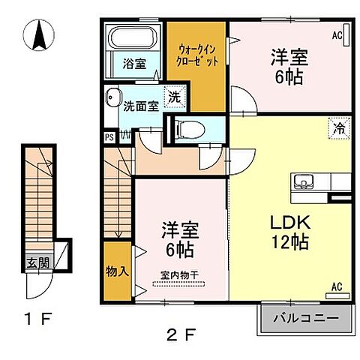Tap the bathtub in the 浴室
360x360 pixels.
coord(132,37)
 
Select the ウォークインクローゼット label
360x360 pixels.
coord(197,54)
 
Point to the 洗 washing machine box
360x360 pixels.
coord(173,97)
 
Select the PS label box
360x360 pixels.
coord(109,136)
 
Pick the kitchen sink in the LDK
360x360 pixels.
coord(305,181)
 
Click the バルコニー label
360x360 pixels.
coord(306,319)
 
